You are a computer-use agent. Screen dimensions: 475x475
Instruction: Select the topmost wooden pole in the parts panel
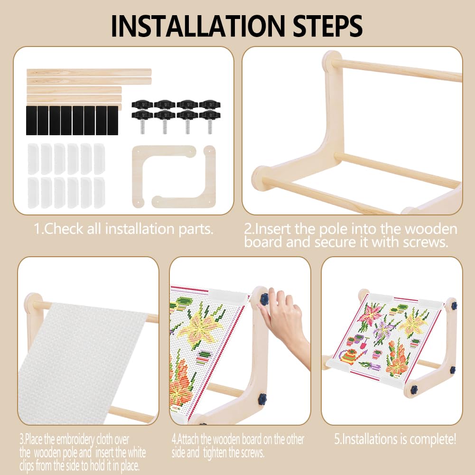[x=89, y=73]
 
